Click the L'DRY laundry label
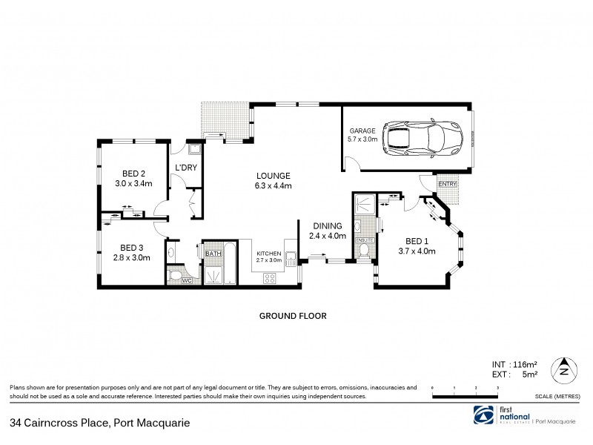coord(185,168)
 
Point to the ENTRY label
coord(448,184)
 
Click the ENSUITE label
coord(365,241)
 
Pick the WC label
coord(186,280)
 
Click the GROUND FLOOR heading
coord(293,315)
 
